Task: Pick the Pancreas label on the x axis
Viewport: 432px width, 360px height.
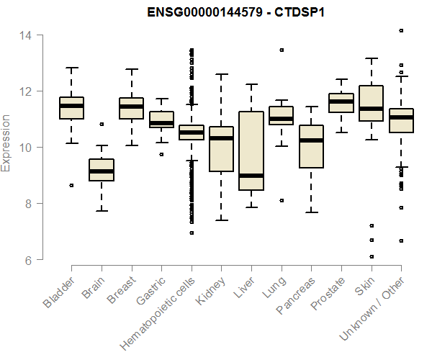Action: tap(294, 295)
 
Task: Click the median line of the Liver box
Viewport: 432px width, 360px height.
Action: tap(251, 175)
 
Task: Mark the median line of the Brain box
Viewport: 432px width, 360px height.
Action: tap(102, 171)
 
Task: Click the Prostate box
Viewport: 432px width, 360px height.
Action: tap(341, 103)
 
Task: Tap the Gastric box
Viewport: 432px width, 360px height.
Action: tap(161, 120)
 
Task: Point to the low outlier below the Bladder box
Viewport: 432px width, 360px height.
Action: tap(71, 185)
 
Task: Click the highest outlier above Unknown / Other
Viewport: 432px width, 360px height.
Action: tap(401, 31)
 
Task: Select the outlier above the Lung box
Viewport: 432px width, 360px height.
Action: tap(282, 50)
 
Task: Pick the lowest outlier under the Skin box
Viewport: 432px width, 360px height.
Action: tap(372, 256)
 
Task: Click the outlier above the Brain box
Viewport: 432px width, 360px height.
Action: tap(102, 125)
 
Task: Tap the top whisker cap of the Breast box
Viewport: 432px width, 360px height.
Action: tap(132, 70)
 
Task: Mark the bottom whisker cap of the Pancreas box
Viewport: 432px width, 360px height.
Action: tap(311, 212)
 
